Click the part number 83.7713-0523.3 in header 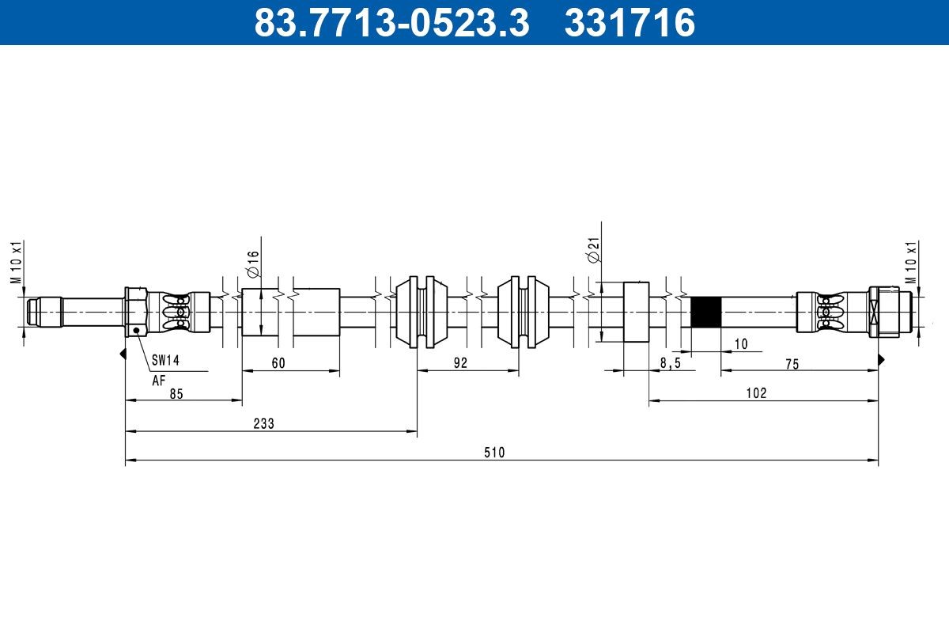coord(391,23)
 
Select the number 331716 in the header coord(630,23)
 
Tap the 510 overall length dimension coord(494,453)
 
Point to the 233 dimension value coord(263,424)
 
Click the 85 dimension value coord(176,394)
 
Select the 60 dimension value coord(278,363)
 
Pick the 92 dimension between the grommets coord(461,363)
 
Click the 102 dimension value coord(756,393)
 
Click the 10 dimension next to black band coord(740,344)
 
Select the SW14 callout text coord(166,361)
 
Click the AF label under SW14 coord(159,380)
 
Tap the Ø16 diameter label coord(253,264)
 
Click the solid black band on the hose coord(705,313)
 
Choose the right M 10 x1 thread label coord(910,262)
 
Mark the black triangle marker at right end coord(881,359)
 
